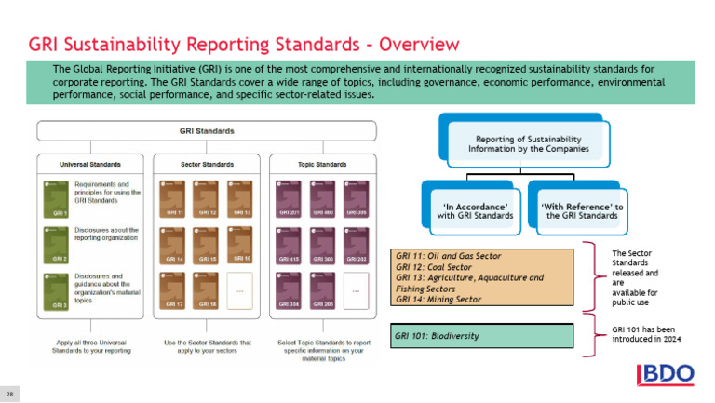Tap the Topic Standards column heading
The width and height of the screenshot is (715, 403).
point(322,164)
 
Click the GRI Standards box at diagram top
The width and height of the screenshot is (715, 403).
point(206,131)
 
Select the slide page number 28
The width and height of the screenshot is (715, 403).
point(12,394)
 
